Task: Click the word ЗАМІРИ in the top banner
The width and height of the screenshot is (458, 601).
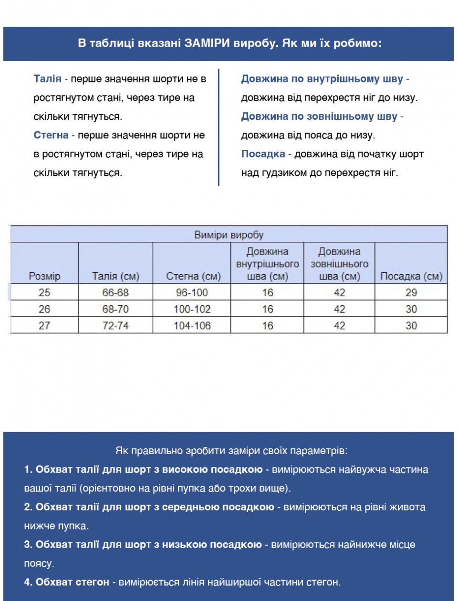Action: tap(208, 43)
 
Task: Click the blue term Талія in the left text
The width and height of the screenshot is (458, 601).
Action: tap(47, 79)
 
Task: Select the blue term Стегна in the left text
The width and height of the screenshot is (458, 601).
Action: tap(51, 135)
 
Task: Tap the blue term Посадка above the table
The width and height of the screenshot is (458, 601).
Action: tap(263, 154)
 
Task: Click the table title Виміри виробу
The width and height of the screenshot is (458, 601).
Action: tap(229, 235)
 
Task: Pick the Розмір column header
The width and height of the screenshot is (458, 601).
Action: tap(44, 276)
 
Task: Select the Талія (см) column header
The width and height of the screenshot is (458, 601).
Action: tap(115, 276)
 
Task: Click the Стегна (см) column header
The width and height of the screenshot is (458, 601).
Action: tap(193, 276)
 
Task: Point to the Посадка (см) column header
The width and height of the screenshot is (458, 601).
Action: tap(411, 276)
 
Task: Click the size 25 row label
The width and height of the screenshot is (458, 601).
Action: tap(44, 292)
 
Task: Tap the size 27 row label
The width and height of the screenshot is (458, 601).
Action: tap(44, 325)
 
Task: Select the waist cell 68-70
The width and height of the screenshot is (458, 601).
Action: tap(115, 309)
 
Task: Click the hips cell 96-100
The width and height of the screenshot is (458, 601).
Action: tap(192, 292)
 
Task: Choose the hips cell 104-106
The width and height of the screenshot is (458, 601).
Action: tap(192, 325)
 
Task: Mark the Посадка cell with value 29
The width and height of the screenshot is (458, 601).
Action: tap(411, 292)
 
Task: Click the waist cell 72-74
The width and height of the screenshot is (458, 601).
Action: tap(115, 325)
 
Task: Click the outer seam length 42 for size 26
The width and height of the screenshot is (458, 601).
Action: tap(339, 309)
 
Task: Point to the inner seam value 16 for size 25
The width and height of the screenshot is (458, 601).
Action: tap(268, 292)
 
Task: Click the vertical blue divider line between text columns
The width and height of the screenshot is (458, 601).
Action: tap(219, 127)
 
